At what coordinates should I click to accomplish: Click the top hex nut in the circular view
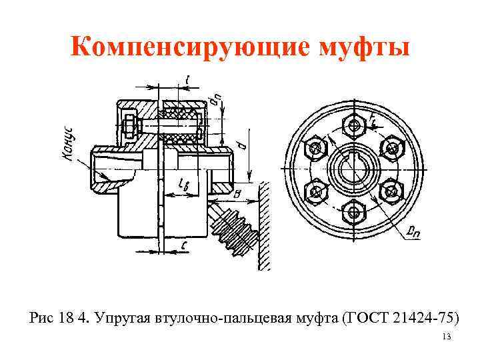[x=353, y=123]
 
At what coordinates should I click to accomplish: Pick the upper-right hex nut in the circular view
[x=392, y=146]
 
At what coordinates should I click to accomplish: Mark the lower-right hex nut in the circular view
[x=392, y=192]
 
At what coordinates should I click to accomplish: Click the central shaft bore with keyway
[x=353, y=169]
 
